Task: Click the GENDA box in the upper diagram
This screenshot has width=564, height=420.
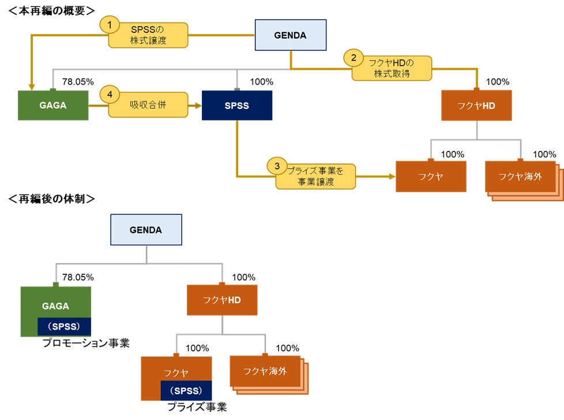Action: pos(291,35)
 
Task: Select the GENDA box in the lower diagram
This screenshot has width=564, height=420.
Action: pos(146,229)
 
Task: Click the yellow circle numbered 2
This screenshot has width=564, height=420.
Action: pos(354,58)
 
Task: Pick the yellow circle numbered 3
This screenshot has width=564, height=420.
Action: pos(277,166)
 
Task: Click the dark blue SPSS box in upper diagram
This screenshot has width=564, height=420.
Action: pos(236,105)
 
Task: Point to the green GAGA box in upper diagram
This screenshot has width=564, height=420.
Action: pos(53,105)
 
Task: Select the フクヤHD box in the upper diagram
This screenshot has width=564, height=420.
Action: pos(476,105)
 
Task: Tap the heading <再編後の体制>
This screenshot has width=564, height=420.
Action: pos(52,199)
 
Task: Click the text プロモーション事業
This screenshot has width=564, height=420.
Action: pos(85,343)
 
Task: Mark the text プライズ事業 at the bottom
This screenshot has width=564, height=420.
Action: pos(197,407)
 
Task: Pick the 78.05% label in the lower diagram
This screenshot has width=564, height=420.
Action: pos(78,277)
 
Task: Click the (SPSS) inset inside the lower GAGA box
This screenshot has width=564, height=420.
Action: pos(64,326)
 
